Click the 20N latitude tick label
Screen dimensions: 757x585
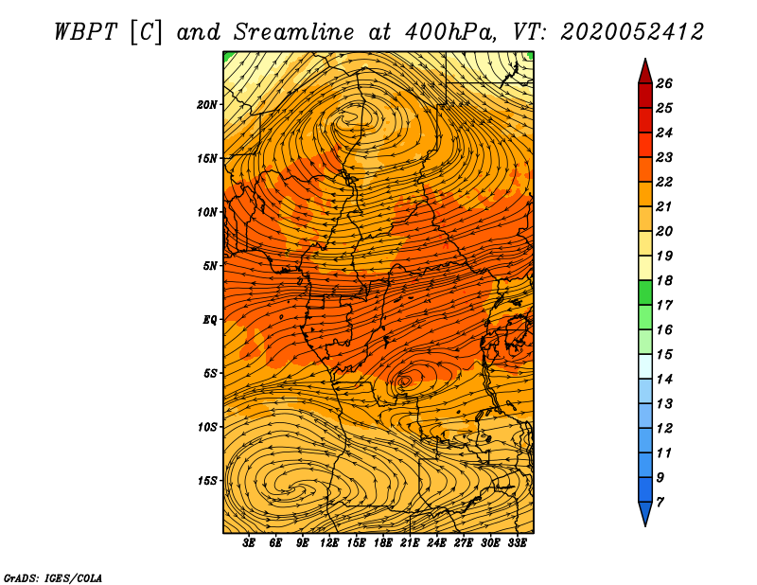pos(206,105)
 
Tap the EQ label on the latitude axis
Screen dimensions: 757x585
pos(209,319)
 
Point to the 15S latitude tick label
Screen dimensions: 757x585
pos(207,481)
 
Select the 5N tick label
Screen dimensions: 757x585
pos(210,266)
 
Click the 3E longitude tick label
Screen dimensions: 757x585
pos(249,543)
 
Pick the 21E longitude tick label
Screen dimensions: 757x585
pos(410,543)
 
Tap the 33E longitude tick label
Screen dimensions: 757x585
pos(517,543)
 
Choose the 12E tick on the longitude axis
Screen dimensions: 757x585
pos(329,543)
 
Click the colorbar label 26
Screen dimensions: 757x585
pos(664,83)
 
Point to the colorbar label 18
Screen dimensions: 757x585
pos(664,280)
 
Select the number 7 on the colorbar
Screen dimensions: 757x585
pos(660,503)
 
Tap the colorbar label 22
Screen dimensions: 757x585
pos(664,182)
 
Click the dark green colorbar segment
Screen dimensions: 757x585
pos(645,292)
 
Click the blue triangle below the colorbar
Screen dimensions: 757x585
pos(645,512)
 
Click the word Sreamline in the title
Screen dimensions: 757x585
pos(294,32)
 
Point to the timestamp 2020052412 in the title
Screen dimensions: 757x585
pos(632,32)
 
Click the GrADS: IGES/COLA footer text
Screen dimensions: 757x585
pos(53,578)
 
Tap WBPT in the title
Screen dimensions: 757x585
pos(85,32)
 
